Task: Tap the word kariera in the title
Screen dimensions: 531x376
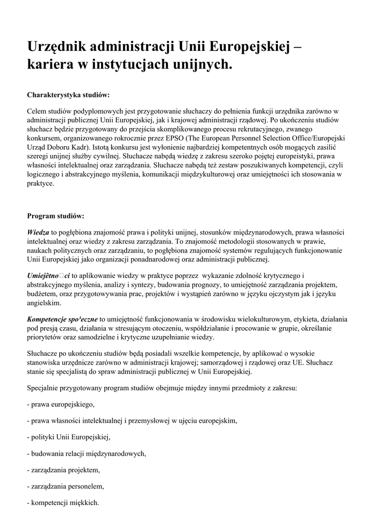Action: [51, 65]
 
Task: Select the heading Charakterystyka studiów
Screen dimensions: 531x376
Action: [68, 95]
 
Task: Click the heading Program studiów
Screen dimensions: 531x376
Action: [55, 215]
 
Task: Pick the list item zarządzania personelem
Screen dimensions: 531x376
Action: [66, 486]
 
